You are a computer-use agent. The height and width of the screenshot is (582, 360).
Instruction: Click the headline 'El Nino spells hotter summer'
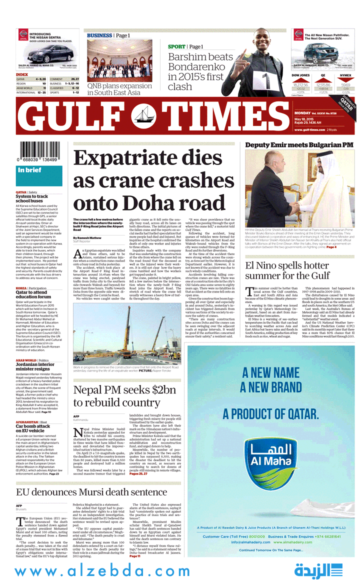pyautogui.click(x=287, y=270)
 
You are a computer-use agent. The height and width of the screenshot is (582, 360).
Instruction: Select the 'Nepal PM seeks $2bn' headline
pyautogui.click(x=124, y=396)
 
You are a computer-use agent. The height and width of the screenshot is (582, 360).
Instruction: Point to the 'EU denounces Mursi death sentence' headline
pyautogui.click(x=91, y=492)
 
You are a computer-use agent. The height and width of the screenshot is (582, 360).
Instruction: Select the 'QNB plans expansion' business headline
pyautogui.click(x=119, y=89)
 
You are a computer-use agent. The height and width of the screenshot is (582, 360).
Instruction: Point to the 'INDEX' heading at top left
pyautogui.click(x=22, y=74)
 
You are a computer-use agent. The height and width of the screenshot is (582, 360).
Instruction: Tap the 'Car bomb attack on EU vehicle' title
pyautogui.click(x=33, y=428)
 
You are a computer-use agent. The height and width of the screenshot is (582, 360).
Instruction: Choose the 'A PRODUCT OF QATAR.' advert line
pyautogui.click(x=270, y=414)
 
